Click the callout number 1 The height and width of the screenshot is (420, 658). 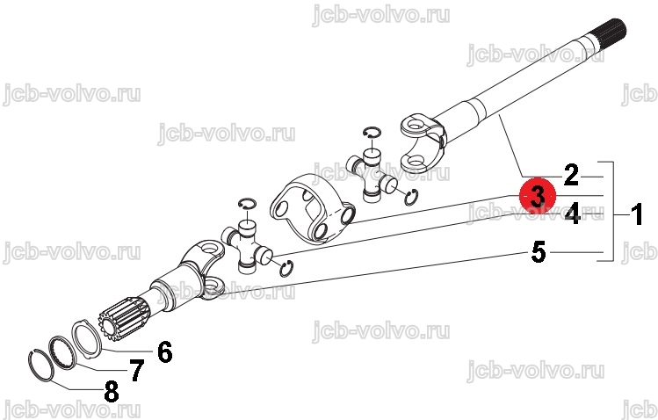click(x=637, y=214)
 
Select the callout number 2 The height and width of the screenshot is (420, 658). click(x=571, y=175)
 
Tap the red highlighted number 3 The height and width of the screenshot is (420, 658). click(x=538, y=196)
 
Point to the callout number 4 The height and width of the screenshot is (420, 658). click(x=573, y=214)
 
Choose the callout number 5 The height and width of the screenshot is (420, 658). click(x=539, y=252)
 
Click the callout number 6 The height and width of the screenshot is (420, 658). click(x=164, y=351)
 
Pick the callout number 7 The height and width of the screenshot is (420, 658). click(x=136, y=371)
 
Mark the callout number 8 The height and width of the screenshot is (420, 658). click(x=112, y=392)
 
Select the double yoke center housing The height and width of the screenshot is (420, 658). click(x=313, y=207)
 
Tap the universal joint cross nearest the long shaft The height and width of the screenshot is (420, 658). click(x=372, y=176)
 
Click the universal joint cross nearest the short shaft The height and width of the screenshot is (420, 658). click(x=247, y=248)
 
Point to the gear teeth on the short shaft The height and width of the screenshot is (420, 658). click(x=124, y=317)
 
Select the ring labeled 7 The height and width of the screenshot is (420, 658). click(x=62, y=352)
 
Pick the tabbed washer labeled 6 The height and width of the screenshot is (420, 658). click(x=87, y=339)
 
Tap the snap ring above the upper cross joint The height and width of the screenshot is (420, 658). click(x=372, y=132)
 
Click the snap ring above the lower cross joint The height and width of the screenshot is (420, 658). click(x=247, y=204)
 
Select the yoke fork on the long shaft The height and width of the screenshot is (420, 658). click(x=422, y=141)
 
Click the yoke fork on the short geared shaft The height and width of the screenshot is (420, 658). click(x=203, y=269)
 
